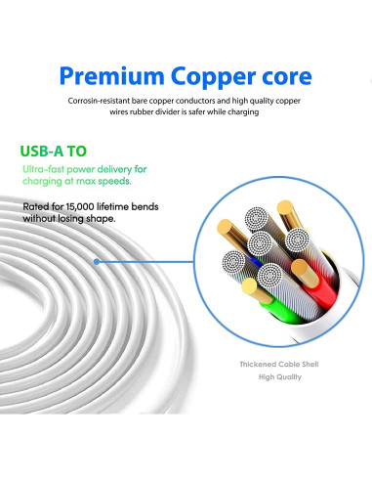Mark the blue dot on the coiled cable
[x=97, y=262]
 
